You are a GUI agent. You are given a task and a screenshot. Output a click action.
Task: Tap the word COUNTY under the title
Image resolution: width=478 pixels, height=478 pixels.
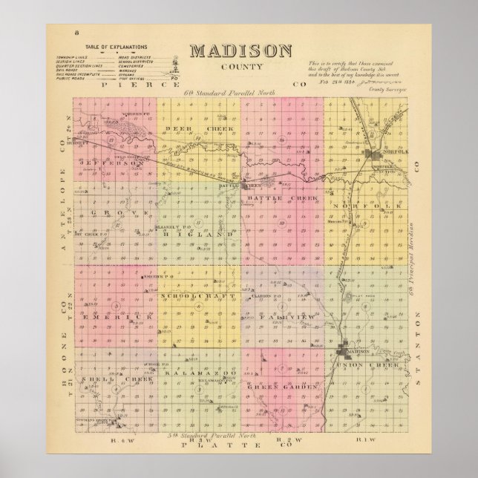238,68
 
